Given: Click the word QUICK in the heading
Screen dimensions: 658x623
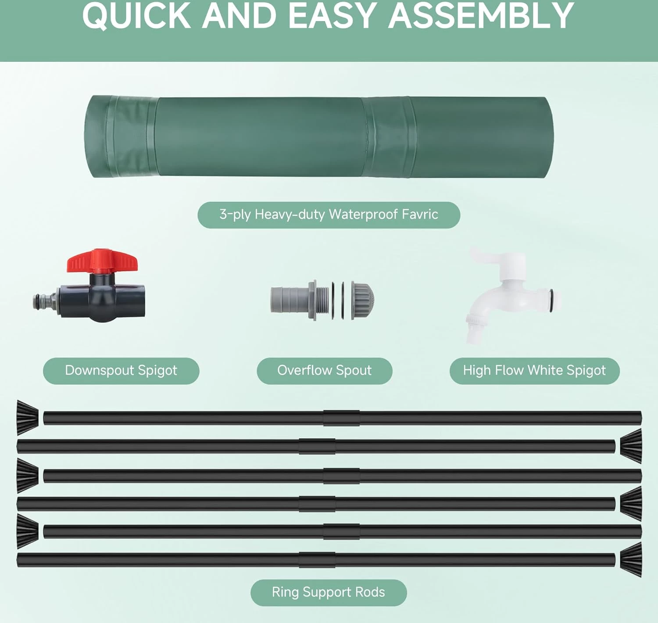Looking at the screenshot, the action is pyautogui.click(x=136, y=16).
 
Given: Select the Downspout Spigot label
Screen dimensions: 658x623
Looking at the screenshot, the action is pyautogui.click(x=121, y=371).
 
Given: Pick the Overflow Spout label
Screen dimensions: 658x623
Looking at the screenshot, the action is pyautogui.click(x=324, y=371).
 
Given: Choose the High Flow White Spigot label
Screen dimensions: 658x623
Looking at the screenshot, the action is pyautogui.click(x=534, y=371).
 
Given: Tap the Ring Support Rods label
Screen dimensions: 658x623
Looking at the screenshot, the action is pyautogui.click(x=328, y=592).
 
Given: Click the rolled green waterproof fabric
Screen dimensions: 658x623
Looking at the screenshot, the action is pyautogui.click(x=318, y=136).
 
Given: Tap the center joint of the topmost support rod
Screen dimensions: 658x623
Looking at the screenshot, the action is pyautogui.click(x=341, y=418).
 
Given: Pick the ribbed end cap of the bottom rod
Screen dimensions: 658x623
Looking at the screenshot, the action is pyautogui.click(x=631, y=559).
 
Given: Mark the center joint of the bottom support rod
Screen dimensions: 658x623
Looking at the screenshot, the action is pyautogui.click(x=317, y=560).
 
